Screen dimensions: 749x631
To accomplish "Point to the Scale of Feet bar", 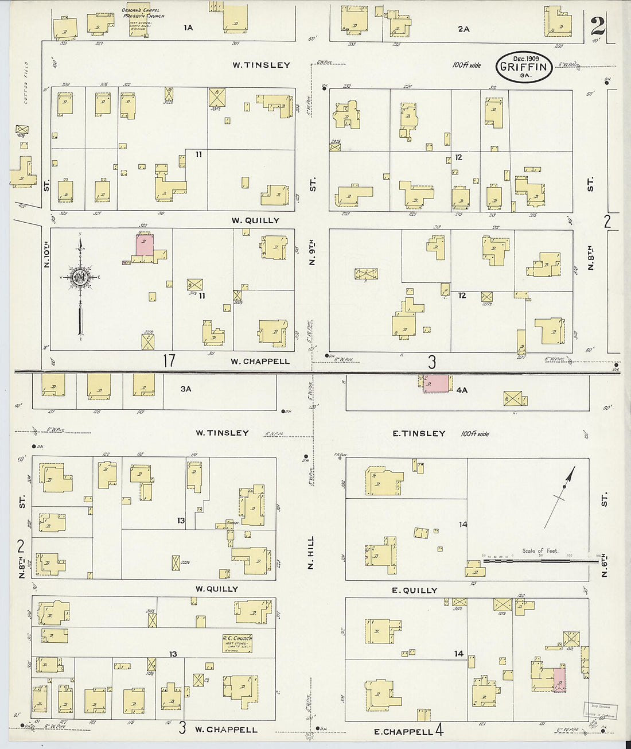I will click(539, 558).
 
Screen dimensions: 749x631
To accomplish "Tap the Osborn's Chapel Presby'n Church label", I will click(143, 13).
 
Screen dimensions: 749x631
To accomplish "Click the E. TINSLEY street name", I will click(419, 433).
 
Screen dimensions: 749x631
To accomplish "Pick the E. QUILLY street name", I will click(414, 590).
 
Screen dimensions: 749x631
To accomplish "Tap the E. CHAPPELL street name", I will click(403, 731).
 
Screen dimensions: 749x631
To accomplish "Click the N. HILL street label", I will click(311, 553).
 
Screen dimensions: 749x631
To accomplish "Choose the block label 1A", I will click(188, 27).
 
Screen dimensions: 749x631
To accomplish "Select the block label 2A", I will click(463, 28).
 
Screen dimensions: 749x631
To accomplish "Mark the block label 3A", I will click(185, 389).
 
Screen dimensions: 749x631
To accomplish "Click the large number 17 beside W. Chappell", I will click(169, 361).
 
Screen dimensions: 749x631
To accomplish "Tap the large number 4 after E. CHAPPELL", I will click(439, 731).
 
